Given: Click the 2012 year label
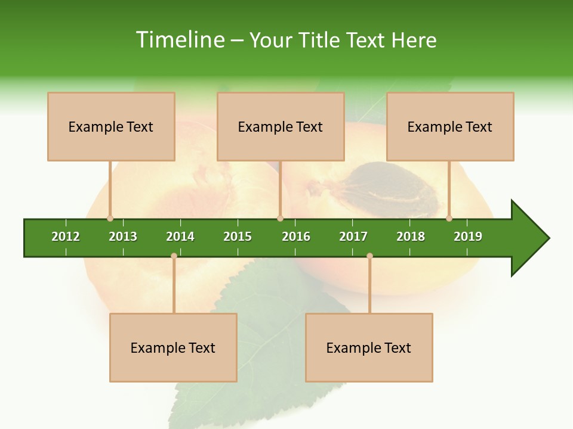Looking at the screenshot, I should coord(66,237).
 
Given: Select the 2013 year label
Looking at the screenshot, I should coord(123,237).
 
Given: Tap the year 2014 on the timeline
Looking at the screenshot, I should coord(180,237).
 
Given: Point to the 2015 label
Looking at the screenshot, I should coord(238,237).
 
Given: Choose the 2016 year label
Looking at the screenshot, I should coord(296,237).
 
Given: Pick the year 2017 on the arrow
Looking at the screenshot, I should coord(353,237).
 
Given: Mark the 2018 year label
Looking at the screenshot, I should coord(411,237).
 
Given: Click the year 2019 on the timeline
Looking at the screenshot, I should coord(468,237).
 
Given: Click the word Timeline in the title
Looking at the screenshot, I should coord(179,40).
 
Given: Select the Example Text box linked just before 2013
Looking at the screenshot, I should coord(111,126).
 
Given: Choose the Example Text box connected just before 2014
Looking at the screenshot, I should coord(173,347).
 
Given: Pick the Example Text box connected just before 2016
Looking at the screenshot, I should coord(281,126).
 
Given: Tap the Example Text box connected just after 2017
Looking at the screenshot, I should coord(369,347).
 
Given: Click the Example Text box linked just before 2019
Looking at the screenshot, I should coord(450,126).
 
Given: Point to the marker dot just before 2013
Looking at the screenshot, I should coord(110,218).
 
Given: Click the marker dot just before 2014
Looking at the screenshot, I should coord(174,256).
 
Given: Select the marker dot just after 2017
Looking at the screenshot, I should coord(369,256).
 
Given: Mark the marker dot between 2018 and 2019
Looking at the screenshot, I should coord(449,218).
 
